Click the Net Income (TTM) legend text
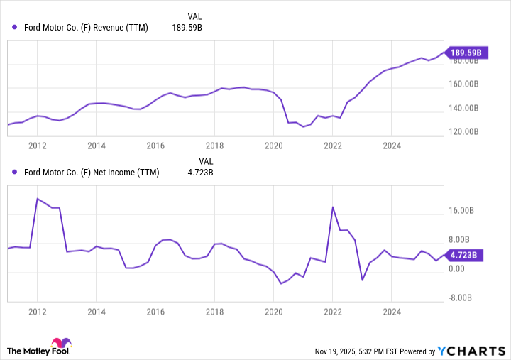pos(90,173)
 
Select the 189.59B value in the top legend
pos(187,28)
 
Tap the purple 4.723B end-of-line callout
pos(466,255)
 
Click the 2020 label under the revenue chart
pos(273,146)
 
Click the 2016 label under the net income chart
pos(155,312)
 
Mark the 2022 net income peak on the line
pos(333,207)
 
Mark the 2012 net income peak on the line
pos(38,199)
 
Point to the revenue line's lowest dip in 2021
pos(303,126)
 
